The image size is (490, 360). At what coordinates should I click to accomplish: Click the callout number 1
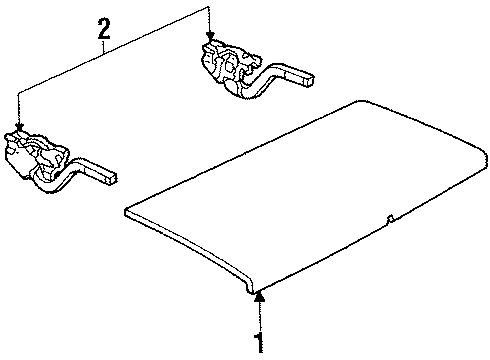(x=259, y=343)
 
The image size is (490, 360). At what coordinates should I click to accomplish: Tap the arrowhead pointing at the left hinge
(x=18, y=125)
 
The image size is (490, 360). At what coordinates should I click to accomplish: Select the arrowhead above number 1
(x=259, y=295)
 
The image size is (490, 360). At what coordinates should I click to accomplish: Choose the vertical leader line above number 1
(x=259, y=320)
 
